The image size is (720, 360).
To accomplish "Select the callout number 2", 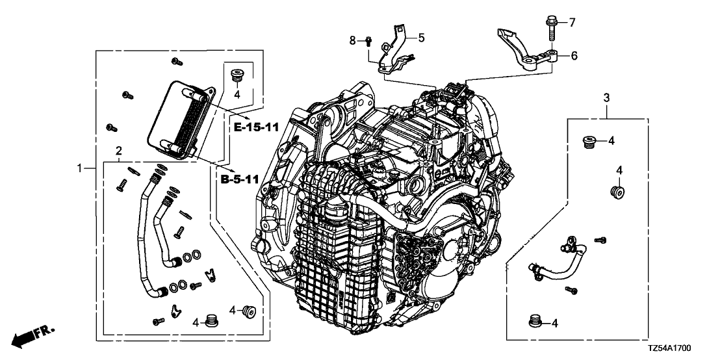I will click(118, 151).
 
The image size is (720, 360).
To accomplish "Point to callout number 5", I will click(421, 38).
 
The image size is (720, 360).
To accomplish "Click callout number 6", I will click(574, 56).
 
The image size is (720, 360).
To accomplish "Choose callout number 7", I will click(572, 23).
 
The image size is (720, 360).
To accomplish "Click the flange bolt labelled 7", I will click(549, 29).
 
